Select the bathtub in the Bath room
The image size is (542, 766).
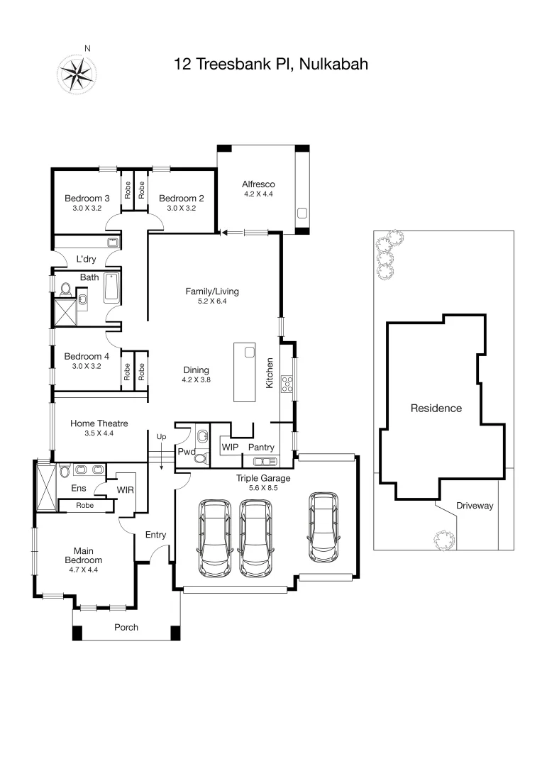click(111, 289)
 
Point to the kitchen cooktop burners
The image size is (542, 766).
click(289, 384)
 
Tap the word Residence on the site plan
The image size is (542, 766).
click(436, 408)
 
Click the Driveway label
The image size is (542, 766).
click(474, 506)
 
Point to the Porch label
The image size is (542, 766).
click(126, 627)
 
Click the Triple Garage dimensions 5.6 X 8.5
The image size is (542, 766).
click(262, 488)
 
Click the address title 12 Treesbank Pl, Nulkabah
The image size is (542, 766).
click(270, 65)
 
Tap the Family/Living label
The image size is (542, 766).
click(212, 291)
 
